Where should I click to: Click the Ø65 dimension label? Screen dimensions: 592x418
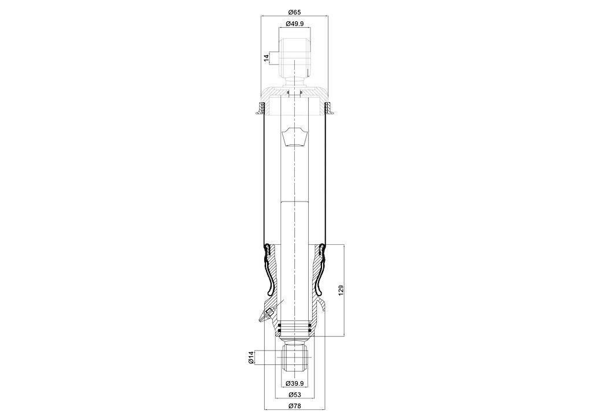coord(294,12)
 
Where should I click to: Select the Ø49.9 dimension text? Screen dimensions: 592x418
coord(294,24)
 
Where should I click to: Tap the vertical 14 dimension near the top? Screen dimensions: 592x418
coord(267,58)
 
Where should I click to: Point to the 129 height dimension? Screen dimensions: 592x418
coord(341,290)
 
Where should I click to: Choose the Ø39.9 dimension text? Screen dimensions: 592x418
coord(294,383)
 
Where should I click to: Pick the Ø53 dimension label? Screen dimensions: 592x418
coord(294,395)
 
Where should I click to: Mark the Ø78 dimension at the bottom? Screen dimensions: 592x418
coord(294,406)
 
